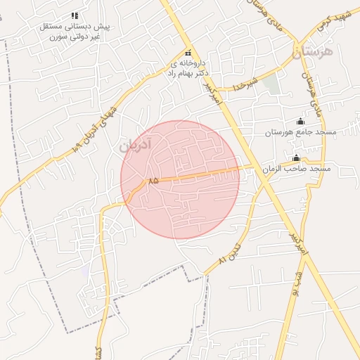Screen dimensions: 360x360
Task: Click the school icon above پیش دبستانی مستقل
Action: [74, 15]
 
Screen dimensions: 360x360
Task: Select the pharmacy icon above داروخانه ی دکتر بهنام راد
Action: [188, 53]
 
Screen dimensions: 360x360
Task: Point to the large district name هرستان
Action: [315, 51]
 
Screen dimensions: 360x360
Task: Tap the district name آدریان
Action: [134, 146]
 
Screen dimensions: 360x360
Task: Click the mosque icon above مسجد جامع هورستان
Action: [301, 121]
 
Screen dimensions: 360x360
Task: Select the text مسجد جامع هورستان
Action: [300, 132]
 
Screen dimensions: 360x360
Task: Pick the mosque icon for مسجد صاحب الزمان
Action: [296, 157]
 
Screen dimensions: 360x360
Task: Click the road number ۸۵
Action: [153, 181]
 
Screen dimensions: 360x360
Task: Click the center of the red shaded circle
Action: [180, 179]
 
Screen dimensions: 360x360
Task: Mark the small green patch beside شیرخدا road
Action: [271, 84]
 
